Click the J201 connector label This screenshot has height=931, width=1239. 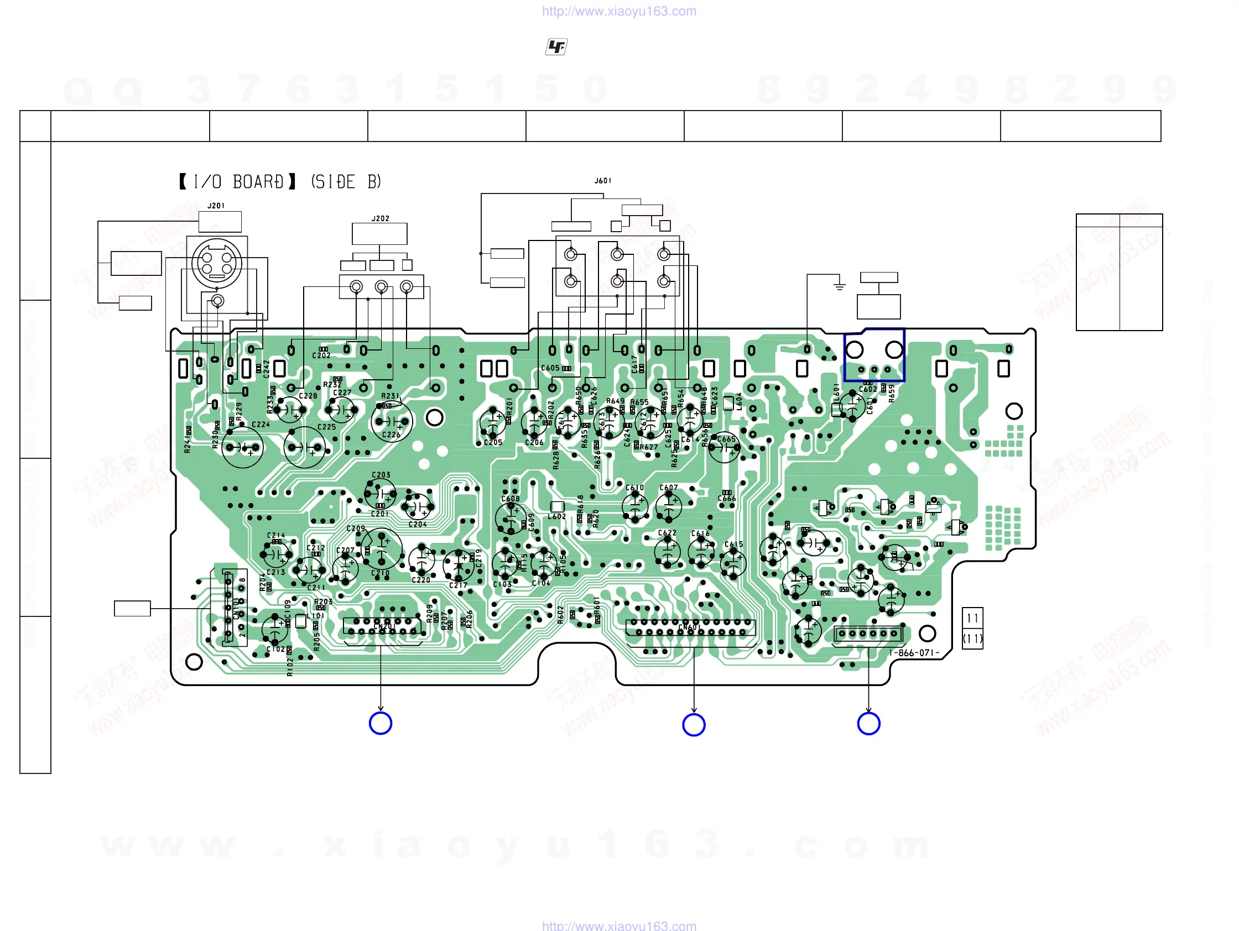click(x=216, y=206)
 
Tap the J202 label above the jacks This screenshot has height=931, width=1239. click(x=380, y=218)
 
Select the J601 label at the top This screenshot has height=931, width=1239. click(x=603, y=181)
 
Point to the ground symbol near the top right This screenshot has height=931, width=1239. click(x=839, y=286)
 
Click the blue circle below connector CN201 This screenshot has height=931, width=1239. click(x=381, y=723)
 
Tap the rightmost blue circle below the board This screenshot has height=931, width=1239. click(x=868, y=723)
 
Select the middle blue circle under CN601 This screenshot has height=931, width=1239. click(x=694, y=724)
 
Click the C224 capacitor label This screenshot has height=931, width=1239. click(x=261, y=425)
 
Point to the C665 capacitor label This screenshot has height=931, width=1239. click(x=726, y=439)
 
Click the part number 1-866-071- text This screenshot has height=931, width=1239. click(x=914, y=653)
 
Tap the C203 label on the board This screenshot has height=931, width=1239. click(x=381, y=475)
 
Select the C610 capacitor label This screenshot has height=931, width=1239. click(x=634, y=488)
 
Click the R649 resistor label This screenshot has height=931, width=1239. click(x=615, y=401)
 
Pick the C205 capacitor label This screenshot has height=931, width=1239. click(x=493, y=442)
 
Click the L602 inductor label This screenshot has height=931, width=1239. click(x=557, y=516)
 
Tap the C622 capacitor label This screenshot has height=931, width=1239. click(x=667, y=533)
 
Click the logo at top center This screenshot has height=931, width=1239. click(x=556, y=47)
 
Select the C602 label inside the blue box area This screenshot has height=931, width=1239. click(x=868, y=389)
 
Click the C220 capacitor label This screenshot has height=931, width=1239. click(x=421, y=580)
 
